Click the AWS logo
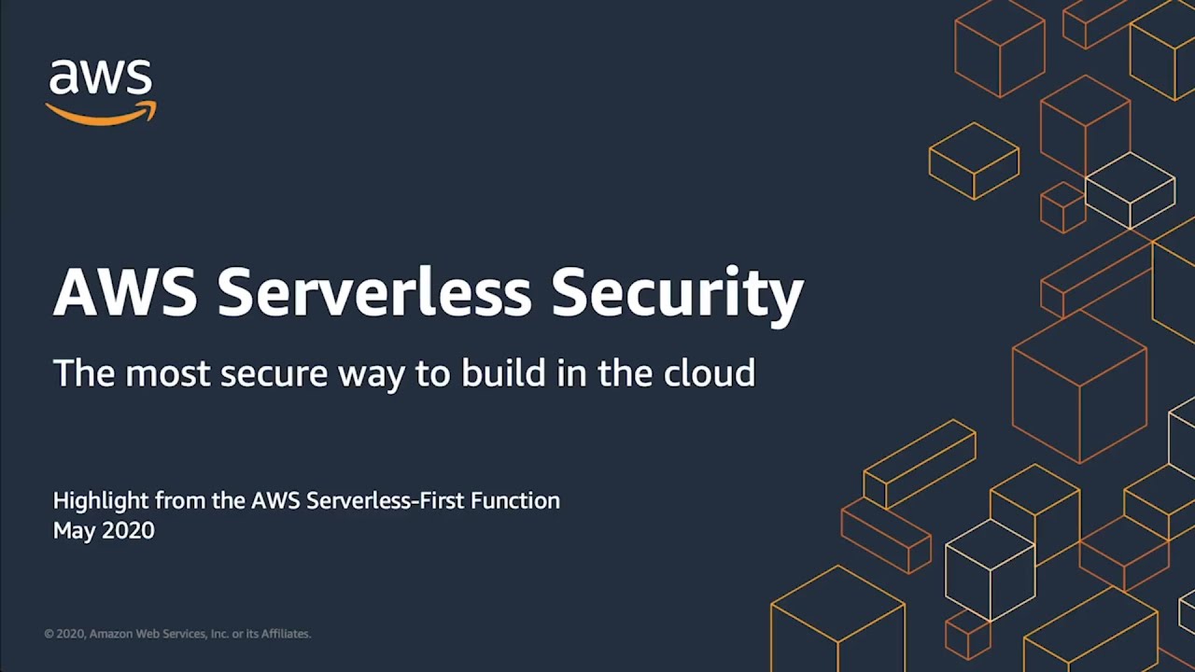(x=101, y=91)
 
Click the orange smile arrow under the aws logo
(x=101, y=115)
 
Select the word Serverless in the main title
(x=374, y=291)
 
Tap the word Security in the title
(x=677, y=291)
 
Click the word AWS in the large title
(x=125, y=291)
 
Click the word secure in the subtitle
(x=274, y=373)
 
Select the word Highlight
(x=100, y=501)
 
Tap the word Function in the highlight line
(x=515, y=501)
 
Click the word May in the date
(x=71, y=531)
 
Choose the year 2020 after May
(x=127, y=531)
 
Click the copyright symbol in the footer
(x=49, y=634)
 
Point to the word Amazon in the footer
(x=110, y=634)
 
